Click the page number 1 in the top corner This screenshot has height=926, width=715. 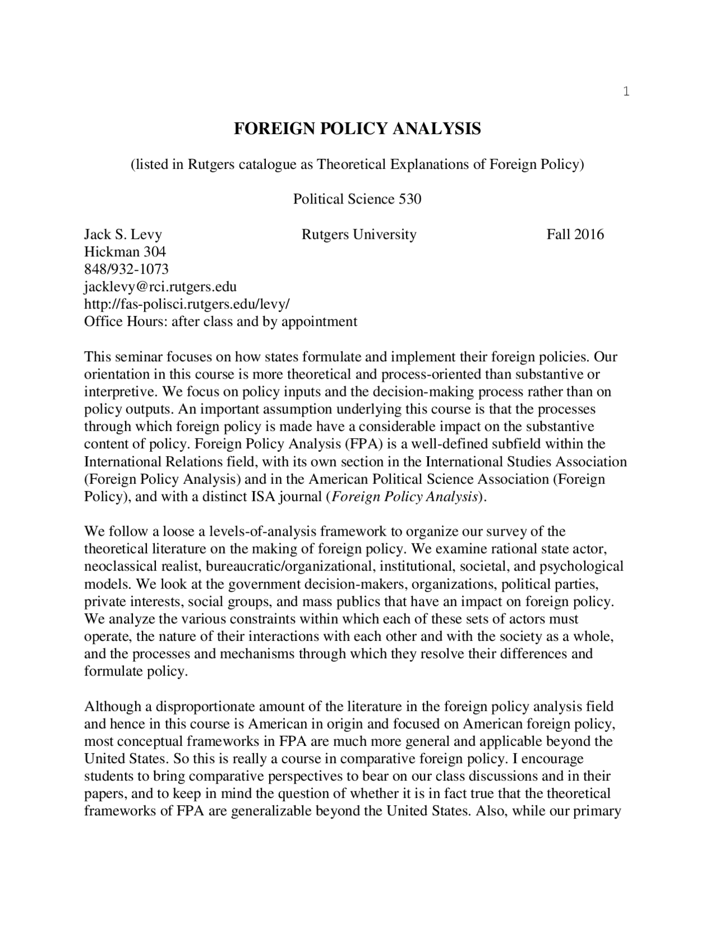626,92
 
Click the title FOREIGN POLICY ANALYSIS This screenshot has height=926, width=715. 357,129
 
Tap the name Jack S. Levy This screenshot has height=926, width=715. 123,234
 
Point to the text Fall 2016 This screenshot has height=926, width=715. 575,234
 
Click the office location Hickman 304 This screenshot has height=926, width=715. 125,252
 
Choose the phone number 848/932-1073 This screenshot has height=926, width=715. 126,270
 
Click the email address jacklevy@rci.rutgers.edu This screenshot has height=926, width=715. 160,287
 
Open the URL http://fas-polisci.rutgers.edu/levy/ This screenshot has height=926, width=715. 187,304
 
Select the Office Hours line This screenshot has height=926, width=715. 220,322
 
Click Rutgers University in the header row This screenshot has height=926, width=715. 359,234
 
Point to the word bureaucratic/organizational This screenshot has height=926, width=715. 288,566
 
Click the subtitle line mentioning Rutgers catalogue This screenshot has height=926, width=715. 357,164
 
